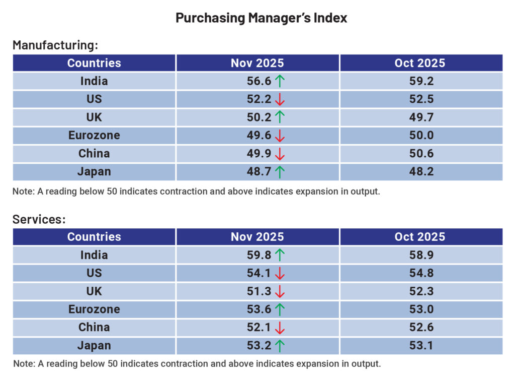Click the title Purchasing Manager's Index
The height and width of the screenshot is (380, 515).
[261, 18]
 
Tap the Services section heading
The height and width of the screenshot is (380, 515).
[39, 219]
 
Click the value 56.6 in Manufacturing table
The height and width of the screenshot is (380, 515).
[259, 81]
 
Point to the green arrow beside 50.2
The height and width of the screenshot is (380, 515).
[280, 117]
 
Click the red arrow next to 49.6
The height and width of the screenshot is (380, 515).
[280, 136]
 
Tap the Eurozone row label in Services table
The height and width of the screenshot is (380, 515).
[94, 309]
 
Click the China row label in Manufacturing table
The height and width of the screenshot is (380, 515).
[94, 154]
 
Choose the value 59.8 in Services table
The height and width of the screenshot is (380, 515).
[259, 255]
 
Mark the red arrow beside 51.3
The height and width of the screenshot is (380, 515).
[280, 291]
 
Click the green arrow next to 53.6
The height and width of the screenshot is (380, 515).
[280, 309]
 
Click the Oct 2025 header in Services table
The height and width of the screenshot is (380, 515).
[420, 237]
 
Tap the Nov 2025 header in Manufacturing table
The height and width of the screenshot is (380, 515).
[257, 63]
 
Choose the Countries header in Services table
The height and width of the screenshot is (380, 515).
[94, 237]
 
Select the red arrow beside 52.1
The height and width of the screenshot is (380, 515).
[280, 328]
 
